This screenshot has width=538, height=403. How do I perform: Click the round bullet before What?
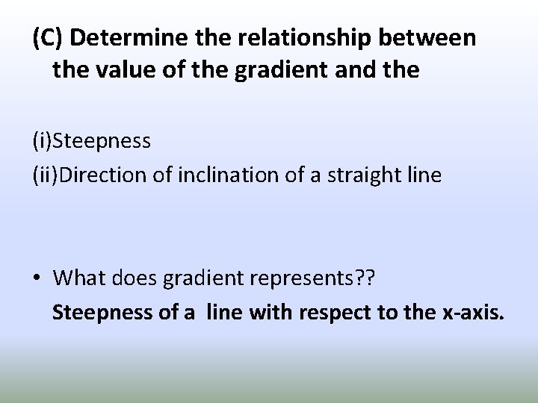point(38,278)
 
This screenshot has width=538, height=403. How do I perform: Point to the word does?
point(130,278)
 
